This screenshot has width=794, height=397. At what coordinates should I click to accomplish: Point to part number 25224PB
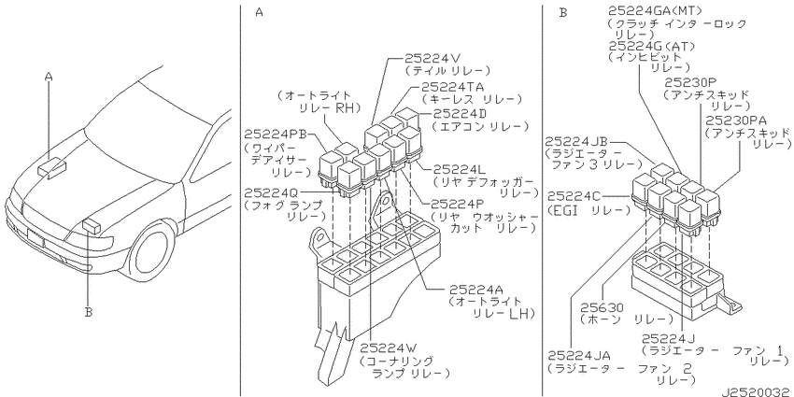click(276, 135)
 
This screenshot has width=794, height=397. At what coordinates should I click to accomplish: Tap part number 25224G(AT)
click(651, 46)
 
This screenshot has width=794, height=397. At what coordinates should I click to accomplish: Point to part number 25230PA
click(736, 120)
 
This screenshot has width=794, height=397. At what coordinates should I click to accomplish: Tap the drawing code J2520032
click(757, 391)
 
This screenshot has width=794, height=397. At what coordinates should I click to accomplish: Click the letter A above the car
click(49, 77)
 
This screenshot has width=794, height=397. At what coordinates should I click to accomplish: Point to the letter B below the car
click(89, 312)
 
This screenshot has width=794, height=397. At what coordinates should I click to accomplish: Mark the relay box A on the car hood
click(52, 167)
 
